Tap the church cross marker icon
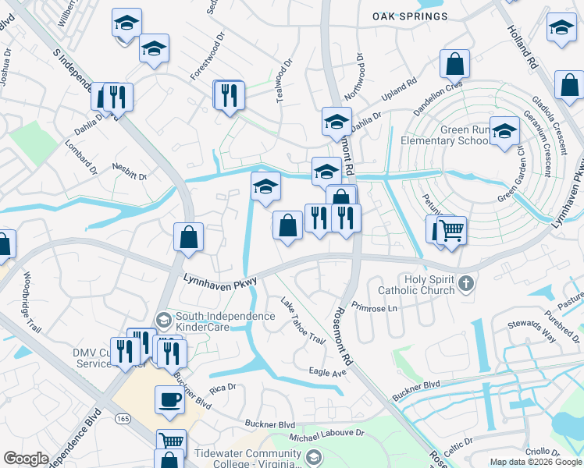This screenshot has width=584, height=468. click(x=466, y=283)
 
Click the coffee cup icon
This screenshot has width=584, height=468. click(x=170, y=401)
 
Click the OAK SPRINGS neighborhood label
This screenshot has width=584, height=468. click(x=410, y=16)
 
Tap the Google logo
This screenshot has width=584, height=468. click(x=26, y=458)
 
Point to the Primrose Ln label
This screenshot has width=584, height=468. click(x=375, y=307)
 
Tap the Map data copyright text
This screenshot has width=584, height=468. click(x=536, y=461)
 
